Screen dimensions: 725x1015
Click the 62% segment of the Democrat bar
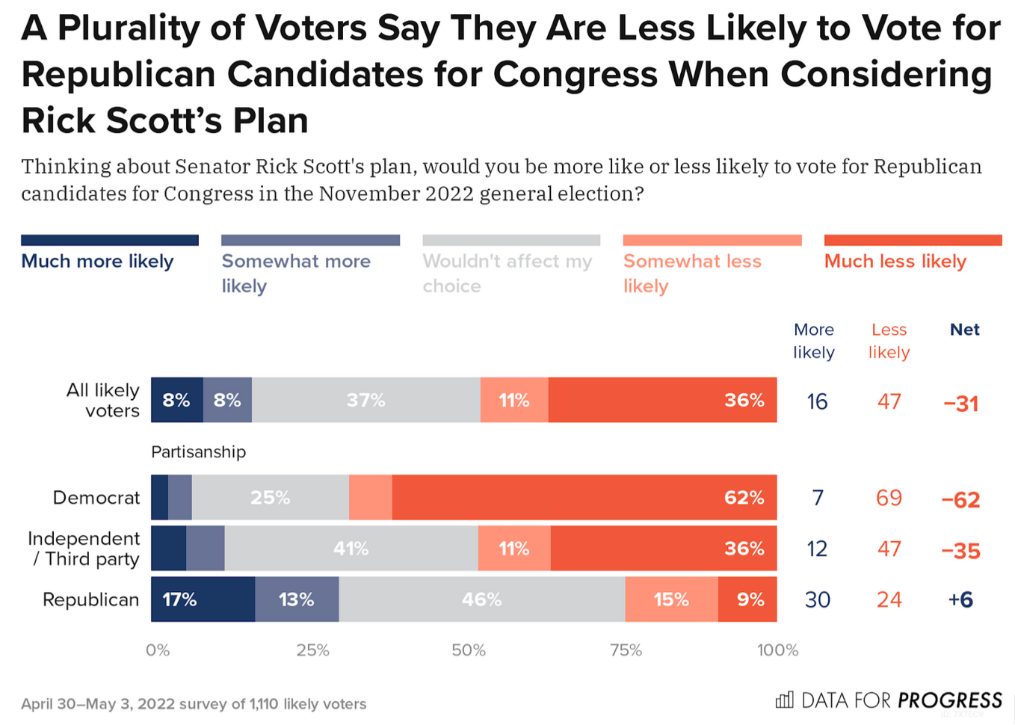click(584, 498)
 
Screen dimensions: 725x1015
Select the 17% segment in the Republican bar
click(203, 599)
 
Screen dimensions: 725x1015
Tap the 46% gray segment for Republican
click(481, 599)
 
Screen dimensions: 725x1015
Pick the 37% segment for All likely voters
click(365, 401)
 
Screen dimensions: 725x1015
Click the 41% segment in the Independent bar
click(351, 549)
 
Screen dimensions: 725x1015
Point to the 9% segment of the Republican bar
click(747, 599)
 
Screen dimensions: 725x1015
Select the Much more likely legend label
click(97, 262)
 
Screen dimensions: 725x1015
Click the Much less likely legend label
click(895, 262)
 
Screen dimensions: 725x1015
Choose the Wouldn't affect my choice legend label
click(507, 273)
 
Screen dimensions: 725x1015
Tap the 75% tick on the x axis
click(626, 650)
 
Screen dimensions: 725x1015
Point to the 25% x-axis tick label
click(312, 650)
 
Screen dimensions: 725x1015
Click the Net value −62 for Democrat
click(960, 499)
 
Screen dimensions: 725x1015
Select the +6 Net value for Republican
click(960, 599)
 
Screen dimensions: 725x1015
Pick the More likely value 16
click(817, 402)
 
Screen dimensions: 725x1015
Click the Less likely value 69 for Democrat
click(889, 498)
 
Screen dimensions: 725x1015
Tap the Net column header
click(964, 330)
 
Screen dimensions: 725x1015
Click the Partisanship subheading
click(198, 452)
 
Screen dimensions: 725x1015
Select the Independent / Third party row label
click(84, 549)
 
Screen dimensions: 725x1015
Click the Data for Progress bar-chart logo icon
click(784, 700)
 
